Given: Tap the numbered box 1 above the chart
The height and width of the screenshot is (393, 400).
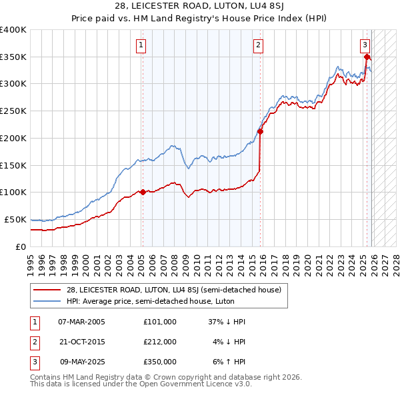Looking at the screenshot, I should [141, 45].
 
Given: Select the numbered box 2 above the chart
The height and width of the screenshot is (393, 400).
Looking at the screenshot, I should [258, 45].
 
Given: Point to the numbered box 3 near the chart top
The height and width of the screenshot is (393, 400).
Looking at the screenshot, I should [365, 45].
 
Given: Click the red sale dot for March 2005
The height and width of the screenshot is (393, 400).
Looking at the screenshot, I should [143, 192].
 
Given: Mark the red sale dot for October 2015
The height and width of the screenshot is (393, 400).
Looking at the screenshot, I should [260, 132].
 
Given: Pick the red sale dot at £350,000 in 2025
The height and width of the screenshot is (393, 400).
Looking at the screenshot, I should [367, 57].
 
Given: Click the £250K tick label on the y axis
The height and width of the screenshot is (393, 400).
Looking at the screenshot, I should [13, 111].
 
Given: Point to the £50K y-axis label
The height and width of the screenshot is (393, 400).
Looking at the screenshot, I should [15, 219].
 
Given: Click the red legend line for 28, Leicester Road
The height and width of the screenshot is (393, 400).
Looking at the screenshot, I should [47, 290].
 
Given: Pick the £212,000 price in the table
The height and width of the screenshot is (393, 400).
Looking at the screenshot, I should [160, 342].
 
